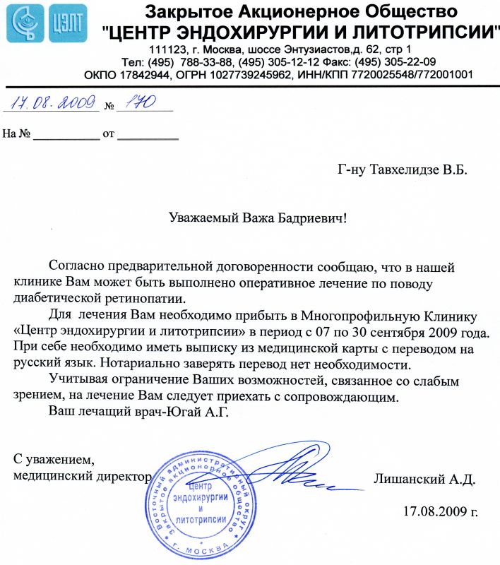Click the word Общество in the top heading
click(403, 12)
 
